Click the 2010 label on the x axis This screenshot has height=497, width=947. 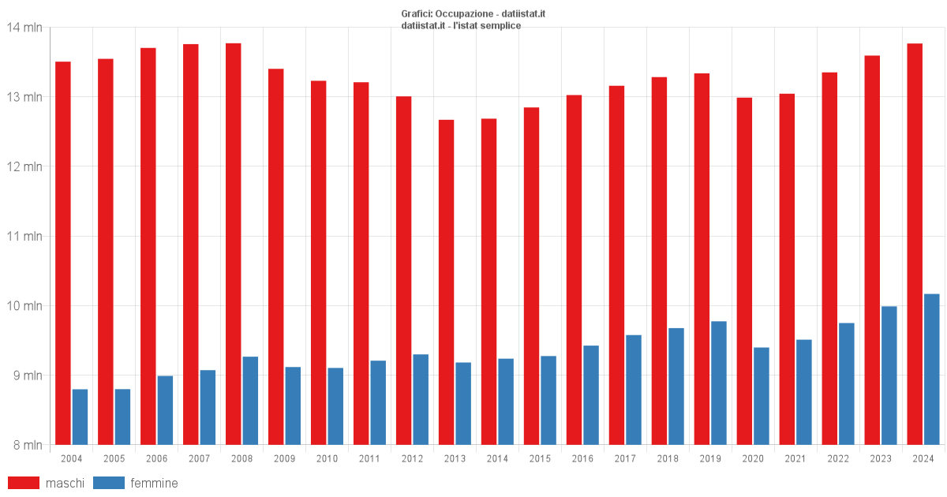327,459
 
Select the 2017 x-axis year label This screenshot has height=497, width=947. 625,459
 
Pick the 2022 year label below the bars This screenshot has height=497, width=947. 838,459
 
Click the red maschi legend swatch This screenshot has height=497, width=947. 23,483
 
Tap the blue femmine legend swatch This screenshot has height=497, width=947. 108,483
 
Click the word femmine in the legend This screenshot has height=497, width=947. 154,483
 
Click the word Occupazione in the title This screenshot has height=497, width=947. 464,14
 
